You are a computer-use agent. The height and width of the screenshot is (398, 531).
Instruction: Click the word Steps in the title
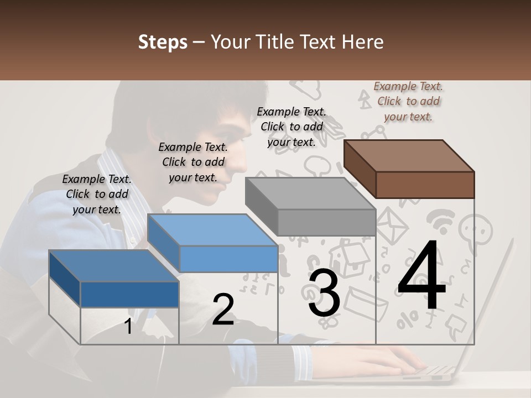tap(163, 42)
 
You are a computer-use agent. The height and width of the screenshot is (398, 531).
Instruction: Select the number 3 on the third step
tap(324, 293)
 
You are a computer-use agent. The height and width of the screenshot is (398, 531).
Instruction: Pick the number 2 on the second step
tap(223, 310)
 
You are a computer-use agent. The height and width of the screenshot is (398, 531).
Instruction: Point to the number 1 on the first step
tap(128, 326)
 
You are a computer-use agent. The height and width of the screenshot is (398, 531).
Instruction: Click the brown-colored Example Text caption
tap(409, 102)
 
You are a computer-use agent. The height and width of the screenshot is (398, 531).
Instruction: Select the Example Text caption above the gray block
tap(291, 127)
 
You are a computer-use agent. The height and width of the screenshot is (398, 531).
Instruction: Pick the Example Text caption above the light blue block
tap(193, 162)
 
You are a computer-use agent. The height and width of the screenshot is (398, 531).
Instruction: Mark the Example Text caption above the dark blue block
tap(97, 194)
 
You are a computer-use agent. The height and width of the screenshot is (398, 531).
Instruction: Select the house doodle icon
tap(347, 257)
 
